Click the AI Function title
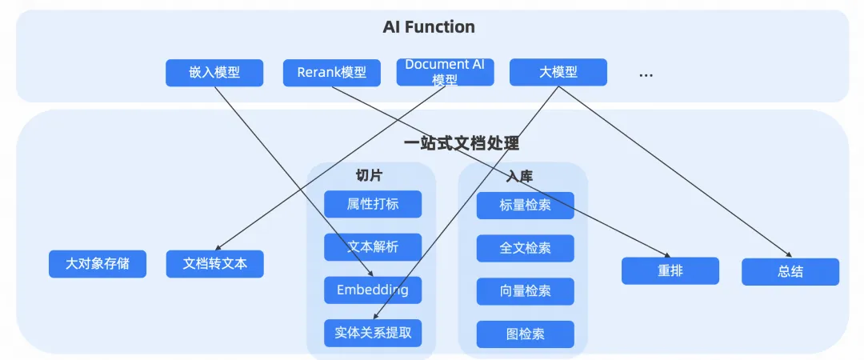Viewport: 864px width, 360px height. pyautogui.click(x=429, y=27)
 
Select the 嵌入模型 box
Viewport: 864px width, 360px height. pyautogui.click(x=214, y=73)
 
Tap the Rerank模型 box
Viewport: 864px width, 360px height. pyautogui.click(x=332, y=73)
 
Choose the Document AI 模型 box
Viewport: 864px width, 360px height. pyautogui.click(x=445, y=72)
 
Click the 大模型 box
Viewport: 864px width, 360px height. pyautogui.click(x=558, y=72)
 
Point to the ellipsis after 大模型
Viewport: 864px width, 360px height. pyautogui.click(x=646, y=75)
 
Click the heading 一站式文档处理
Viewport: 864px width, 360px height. pyautogui.click(x=462, y=144)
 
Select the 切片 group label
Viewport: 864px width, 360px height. pyautogui.click(x=369, y=175)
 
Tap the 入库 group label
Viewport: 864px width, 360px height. pyautogui.click(x=520, y=177)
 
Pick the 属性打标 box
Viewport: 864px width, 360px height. pyautogui.click(x=373, y=204)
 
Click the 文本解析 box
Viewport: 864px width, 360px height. pyautogui.click(x=373, y=247)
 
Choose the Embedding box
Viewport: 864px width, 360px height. pyautogui.click(x=373, y=290)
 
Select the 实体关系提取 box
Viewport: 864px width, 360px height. pyautogui.click(x=373, y=333)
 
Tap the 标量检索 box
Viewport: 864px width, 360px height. pyautogui.click(x=525, y=206)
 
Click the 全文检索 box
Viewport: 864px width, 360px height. pyautogui.click(x=525, y=248)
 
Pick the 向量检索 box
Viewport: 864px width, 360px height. pyautogui.click(x=525, y=291)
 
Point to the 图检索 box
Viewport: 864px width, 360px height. pyautogui.click(x=525, y=334)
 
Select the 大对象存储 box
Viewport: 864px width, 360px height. pyautogui.click(x=98, y=264)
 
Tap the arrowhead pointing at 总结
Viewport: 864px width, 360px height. pyautogui.click(x=789, y=254)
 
